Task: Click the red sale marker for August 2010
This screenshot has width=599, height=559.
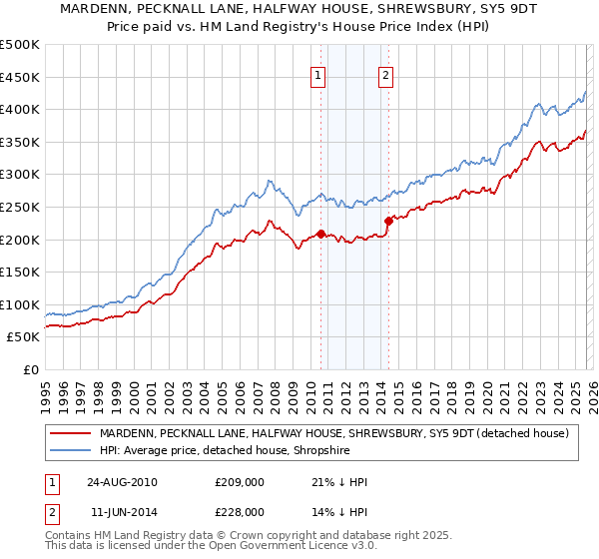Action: coord(320,235)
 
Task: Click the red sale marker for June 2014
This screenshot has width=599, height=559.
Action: coord(388,222)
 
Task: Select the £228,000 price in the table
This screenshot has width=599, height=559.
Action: coord(240,511)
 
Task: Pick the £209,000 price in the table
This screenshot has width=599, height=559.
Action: coord(240,482)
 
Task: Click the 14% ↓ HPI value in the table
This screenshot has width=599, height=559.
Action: coord(339,511)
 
